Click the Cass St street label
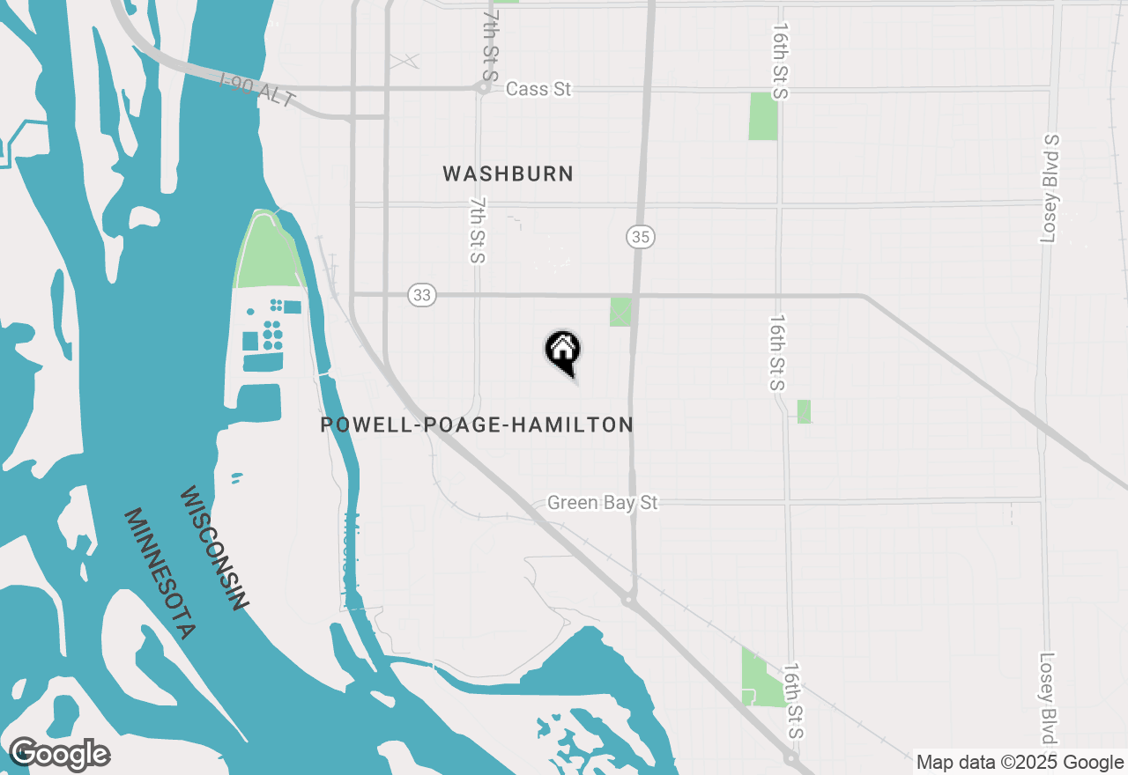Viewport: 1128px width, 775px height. pyautogui.click(x=538, y=89)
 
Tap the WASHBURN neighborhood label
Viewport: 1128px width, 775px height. pyautogui.click(x=508, y=173)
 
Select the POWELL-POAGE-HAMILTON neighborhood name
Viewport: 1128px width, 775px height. pyautogui.click(x=477, y=424)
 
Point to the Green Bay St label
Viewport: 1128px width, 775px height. pyautogui.click(x=603, y=503)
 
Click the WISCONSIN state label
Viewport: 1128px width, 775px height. pyautogui.click(x=213, y=548)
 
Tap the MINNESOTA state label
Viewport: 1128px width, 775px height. pyautogui.click(x=159, y=573)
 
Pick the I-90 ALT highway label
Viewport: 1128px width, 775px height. pyautogui.click(x=258, y=91)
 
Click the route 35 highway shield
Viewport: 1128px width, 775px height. pyautogui.click(x=641, y=237)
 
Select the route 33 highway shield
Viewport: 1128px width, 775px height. pyautogui.click(x=422, y=295)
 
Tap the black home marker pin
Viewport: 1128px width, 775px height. pyautogui.click(x=562, y=351)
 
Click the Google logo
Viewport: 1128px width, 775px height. pyautogui.click(x=60, y=754)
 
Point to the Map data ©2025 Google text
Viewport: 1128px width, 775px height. pyautogui.click(x=1020, y=763)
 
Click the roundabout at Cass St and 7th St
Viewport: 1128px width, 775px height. pyautogui.click(x=483, y=88)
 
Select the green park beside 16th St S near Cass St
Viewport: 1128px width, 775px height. pyautogui.click(x=763, y=116)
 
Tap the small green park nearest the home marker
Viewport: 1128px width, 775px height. pyautogui.click(x=620, y=312)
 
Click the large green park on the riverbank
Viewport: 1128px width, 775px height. pyautogui.click(x=267, y=248)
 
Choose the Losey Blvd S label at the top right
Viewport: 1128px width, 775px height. pyautogui.click(x=1050, y=188)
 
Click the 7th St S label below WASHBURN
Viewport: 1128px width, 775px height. pyautogui.click(x=477, y=230)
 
